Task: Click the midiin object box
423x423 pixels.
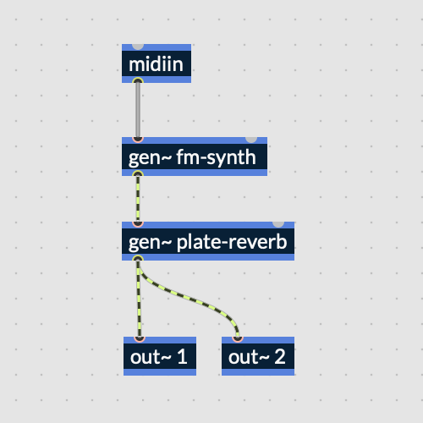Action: coord(157,63)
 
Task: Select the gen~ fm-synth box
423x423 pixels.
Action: coord(195,157)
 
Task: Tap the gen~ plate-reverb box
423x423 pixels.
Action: coord(208,241)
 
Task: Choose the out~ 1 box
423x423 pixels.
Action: coord(160,356)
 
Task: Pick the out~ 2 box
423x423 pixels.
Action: coord(258,356)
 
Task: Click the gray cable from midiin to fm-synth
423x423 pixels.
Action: coord(138,110)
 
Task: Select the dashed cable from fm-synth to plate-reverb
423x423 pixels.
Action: coord(138,199)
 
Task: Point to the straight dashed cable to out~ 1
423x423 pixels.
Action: coord(139,299)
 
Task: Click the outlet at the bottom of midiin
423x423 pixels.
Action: coord(138,81)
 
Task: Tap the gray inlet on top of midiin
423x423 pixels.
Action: coord(138,47)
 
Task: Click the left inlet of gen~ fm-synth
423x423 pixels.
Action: coord(138,140)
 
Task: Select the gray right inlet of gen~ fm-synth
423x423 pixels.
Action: coord(251,140)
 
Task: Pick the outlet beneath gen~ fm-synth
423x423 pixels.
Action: coord(138,173)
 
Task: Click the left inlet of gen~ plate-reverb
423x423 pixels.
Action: coord(138,224)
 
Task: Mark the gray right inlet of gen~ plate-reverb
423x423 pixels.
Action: coord(278,224)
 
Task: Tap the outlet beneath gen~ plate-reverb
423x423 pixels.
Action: coord(138,258)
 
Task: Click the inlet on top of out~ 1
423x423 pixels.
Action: coord(140,339)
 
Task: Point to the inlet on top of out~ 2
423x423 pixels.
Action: coord(238,339)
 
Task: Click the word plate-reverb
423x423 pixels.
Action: coord(232,243)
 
